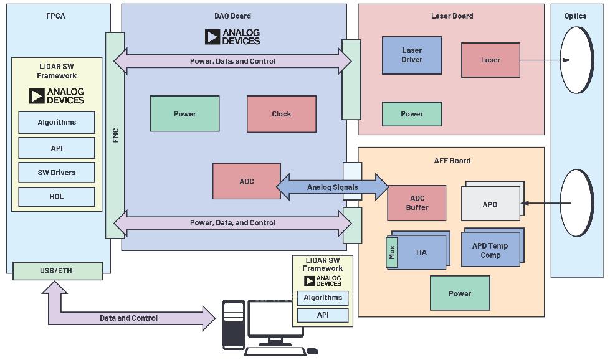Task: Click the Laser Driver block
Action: click(412, 55)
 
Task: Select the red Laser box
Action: click(490, 60)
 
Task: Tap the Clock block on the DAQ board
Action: click(281, 114)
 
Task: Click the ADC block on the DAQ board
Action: click(247, 181)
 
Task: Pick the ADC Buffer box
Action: click(417, 203)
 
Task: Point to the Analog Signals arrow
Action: click(332, 187)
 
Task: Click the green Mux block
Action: click(392, 252)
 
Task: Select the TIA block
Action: click(421, 252)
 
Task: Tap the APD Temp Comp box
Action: click(490, 250)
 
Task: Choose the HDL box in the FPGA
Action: click(57, 197)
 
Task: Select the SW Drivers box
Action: click(57, 173)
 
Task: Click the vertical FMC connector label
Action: click(115, 136)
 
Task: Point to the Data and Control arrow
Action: click(129, 318)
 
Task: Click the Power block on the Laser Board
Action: click(412, 114)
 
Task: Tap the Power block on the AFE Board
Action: click(460, 293)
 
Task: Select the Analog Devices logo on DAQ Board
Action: click(232, 37)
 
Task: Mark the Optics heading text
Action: click(575, 16)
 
